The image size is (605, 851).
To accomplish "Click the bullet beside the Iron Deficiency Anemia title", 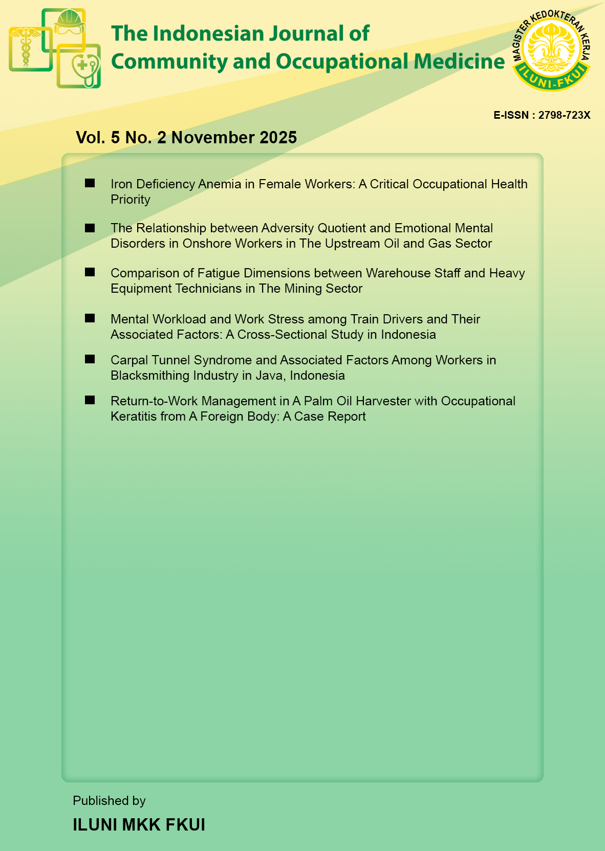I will [x=90, y=183].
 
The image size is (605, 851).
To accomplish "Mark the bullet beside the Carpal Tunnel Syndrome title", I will [x=90, y=359].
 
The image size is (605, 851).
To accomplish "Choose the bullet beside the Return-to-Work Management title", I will [x=90, y=400].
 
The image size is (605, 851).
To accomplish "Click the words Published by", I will [x=109, y=801].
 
